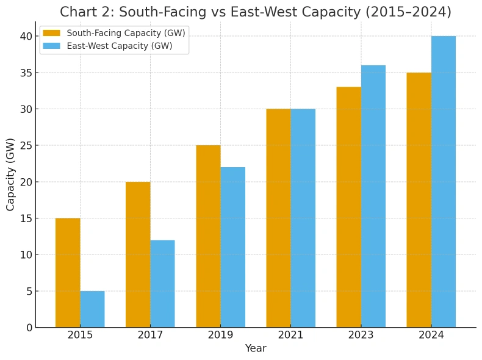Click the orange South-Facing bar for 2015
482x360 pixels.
pyautogui.click(x=68, y=273)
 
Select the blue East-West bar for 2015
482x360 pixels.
pyautogui.click(x=92, y=309)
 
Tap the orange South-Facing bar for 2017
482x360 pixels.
pyautogui.click(x=138, y=254)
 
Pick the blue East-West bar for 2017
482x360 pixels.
pyautogui.click(x=162, y=284)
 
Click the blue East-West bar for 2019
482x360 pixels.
pyautogui.click(x=232, y=247)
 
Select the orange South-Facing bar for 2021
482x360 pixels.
pyautogui.click(x=278, y=218)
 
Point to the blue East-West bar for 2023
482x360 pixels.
pyautogui.click(x=373, y=196)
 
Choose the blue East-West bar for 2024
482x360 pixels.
pyautogui.click(x=443, y=182)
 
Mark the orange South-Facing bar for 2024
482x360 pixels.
pyautogui.click(x=419, y=200)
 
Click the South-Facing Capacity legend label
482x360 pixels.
pyautogui.click(x=126, y=33)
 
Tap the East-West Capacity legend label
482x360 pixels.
pyautogui.click(x=119, y=46)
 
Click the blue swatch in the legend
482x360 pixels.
pyautogui.click(x=51, y=46)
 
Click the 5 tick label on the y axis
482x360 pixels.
pyautogui.click(x=28, y=291)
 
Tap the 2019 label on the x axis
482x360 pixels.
pyautogui.click(x=220, y=335)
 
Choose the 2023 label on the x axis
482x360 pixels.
pyautogui.click(x=361, y=335)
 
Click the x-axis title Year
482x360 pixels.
pyautogui.click(x=256, y=348)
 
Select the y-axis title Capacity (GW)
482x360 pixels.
pyautogui.click(x=11, y=175)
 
